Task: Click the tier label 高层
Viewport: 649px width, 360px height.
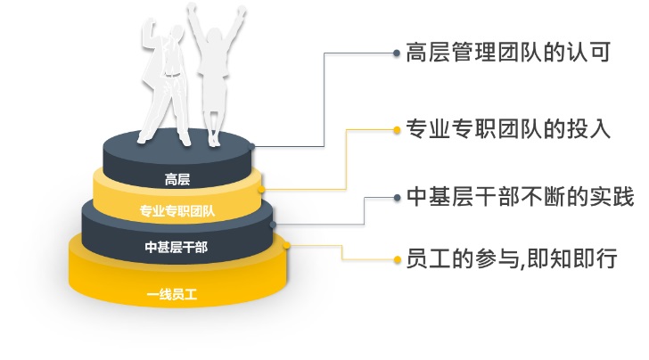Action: point(177,180)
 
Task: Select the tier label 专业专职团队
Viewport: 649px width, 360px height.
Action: point(177,211)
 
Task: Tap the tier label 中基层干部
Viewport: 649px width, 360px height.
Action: point(177,247)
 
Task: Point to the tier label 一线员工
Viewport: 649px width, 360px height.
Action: point(172,294)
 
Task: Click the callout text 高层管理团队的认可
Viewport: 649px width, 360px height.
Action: point(508,53)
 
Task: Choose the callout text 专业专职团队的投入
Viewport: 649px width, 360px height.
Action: point(508,128)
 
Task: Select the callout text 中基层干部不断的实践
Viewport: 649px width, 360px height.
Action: point(520,196)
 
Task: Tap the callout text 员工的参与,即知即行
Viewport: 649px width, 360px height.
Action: point(512,258)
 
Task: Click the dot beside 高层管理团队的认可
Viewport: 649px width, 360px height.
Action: point(397,53)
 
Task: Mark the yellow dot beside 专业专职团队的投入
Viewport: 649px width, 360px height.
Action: point(397,130)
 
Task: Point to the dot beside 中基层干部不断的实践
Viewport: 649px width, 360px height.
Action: point(397,198)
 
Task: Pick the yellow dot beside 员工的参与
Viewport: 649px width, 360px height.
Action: point(398,260)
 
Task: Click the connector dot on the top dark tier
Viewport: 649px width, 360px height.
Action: point(251,146)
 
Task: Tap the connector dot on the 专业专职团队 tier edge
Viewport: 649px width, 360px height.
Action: point(261,190)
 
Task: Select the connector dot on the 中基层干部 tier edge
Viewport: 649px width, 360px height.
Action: point(273,225)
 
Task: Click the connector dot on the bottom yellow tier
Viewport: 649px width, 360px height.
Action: point(286,245)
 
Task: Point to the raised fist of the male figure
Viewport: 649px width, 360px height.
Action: point(150,25)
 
